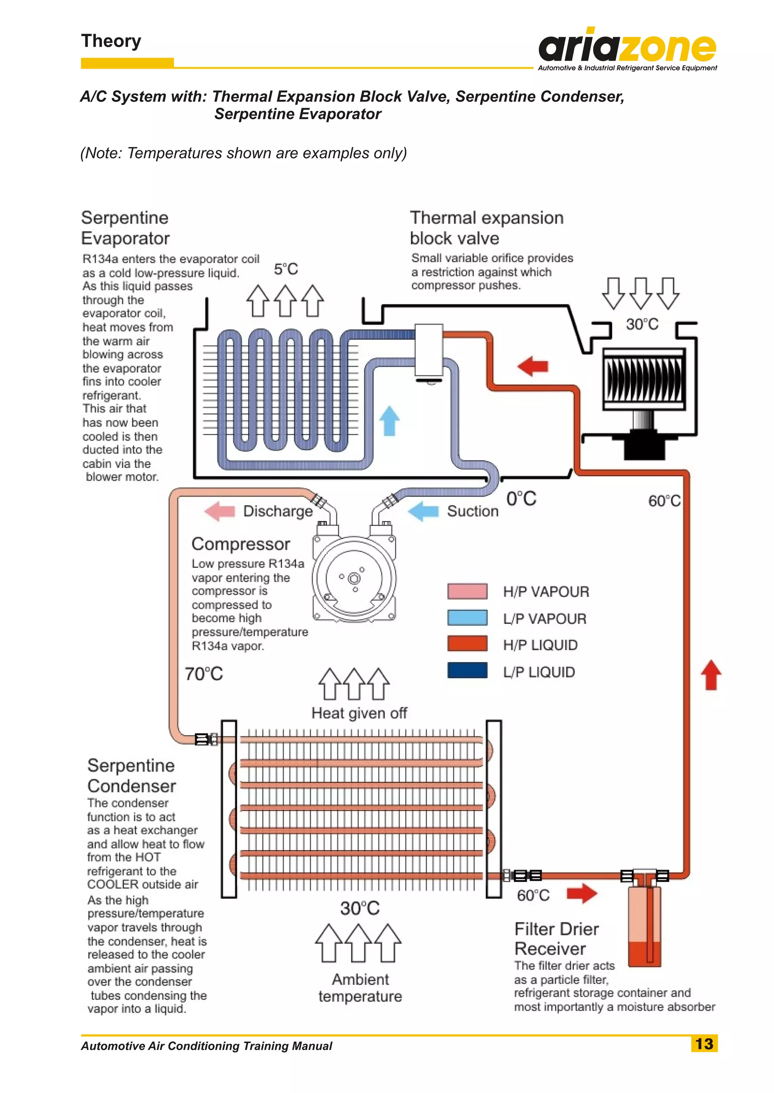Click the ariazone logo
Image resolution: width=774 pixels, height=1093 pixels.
point(627,48)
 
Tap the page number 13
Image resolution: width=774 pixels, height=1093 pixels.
point(704,1044)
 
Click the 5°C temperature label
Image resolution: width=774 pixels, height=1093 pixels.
point(286,269)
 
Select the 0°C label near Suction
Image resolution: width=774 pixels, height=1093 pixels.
point(522,499)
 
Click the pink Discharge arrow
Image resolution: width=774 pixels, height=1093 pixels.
point(220,511)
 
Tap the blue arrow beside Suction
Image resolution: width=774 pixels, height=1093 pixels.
point(423,511)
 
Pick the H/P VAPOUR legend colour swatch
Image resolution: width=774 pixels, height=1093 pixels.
point(467,591)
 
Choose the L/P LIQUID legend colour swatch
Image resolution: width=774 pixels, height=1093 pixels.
point(467,670)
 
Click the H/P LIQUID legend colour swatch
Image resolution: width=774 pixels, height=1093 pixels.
point(467,643)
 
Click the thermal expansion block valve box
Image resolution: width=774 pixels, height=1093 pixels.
point(429,351)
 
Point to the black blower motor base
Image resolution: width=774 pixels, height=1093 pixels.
point(644,446)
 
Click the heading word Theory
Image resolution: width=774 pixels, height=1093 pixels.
point(111,41)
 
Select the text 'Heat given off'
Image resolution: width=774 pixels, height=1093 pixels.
point(359,713)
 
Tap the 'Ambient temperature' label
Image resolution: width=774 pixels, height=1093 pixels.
point(360,987)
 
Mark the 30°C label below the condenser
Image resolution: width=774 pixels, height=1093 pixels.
point(360,908)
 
